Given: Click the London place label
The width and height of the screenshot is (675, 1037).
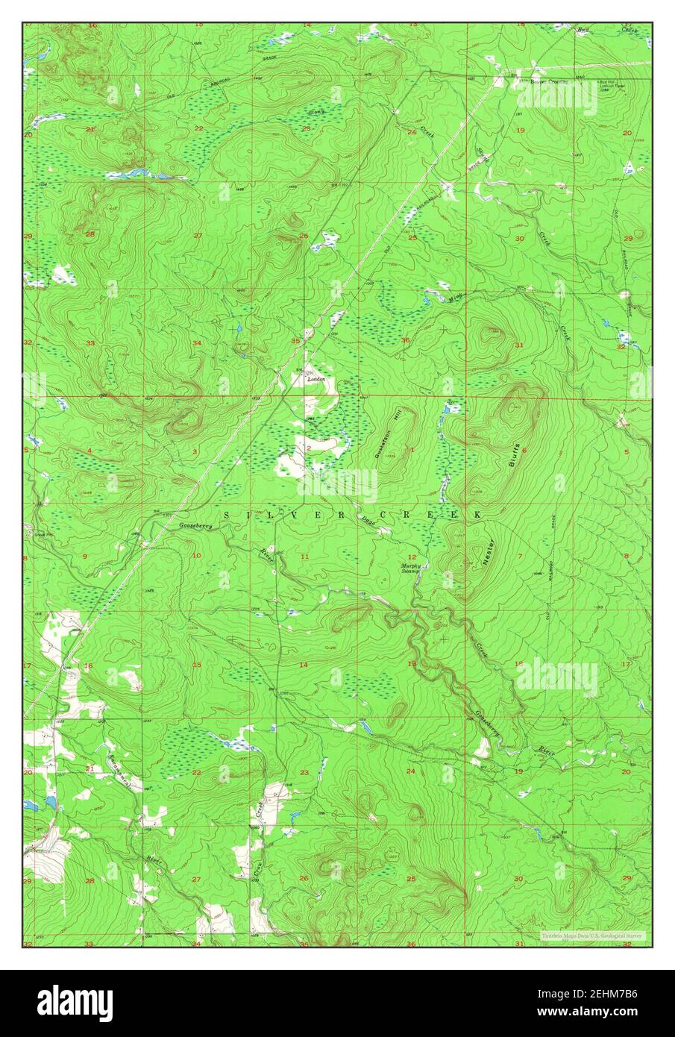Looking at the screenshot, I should click(x=317, y=379).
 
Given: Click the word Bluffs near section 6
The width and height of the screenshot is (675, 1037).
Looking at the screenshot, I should click(x=513, y=453).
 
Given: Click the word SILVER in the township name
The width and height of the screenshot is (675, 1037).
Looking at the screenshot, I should click(x=266, y=516).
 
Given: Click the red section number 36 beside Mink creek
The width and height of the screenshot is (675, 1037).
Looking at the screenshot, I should click(x=405, y=341).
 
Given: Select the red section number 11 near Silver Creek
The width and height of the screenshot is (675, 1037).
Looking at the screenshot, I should click(x=304, y=557).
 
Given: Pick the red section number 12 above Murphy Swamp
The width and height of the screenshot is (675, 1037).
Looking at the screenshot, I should click(x=411, y=557).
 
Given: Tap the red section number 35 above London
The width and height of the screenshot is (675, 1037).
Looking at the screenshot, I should click(x=296, y=341).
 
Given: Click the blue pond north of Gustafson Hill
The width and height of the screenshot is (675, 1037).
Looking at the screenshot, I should click(x=450, y=408).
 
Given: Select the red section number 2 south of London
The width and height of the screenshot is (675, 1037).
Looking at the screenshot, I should click(x=308, y=448).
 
